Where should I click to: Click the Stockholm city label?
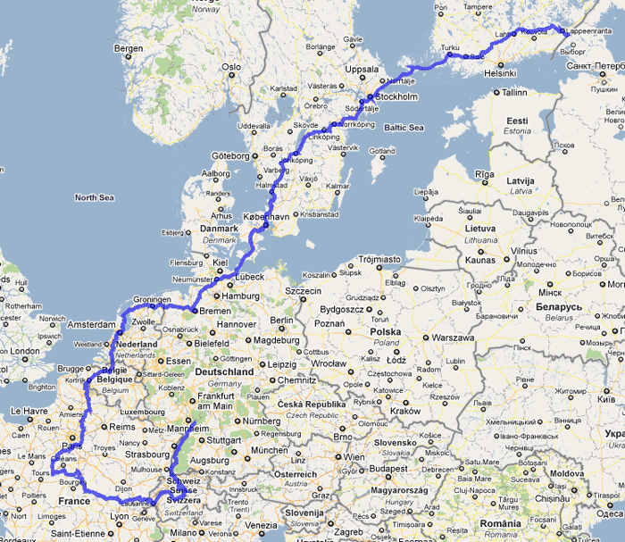(x=397, y=96)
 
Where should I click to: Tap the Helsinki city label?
(x=500, y=73)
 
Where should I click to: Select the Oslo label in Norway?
(x=231, y=67)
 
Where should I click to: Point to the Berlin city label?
(x=281, y=320)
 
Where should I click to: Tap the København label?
(x=266, y=217)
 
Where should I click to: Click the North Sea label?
(x=94, y=197)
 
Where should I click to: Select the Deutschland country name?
(x=225, y=371)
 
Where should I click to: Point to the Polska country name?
(x=385, y=331)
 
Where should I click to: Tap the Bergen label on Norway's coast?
(x=129, y=48)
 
